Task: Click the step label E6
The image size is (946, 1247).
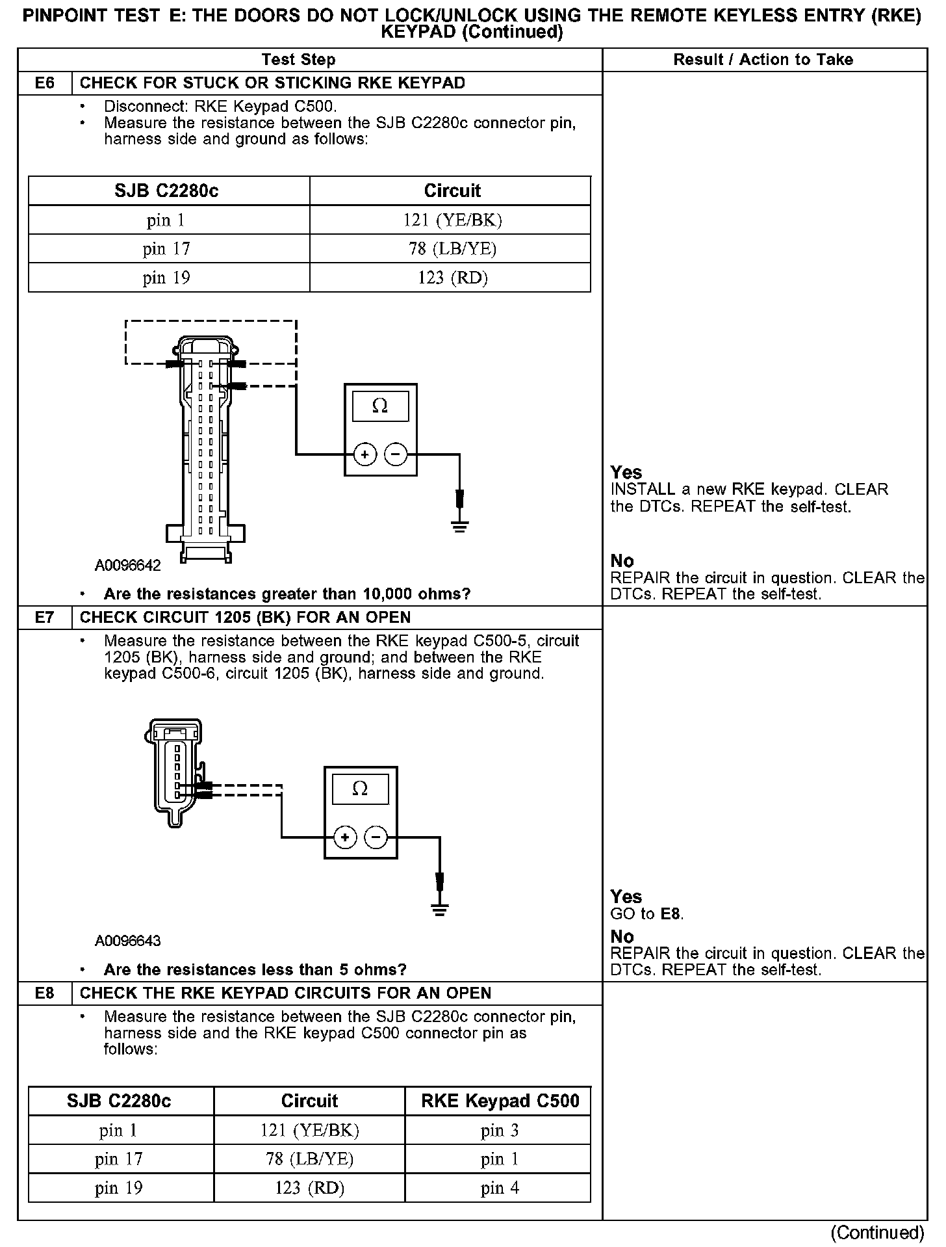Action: pyautogui.click(x=45, y=83)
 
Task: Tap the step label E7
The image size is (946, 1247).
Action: pyautogui.click(x=45, y=617)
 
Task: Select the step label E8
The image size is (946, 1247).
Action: pyautogui.click(x=45, y=993)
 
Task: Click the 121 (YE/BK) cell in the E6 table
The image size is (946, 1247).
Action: pyautogui.click(x=452, y=220)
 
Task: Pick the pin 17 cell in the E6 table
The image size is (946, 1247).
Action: pyautogui.click(x=167, y=249)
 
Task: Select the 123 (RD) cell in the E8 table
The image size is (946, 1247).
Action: pyautogui.click(x=309, y=1188)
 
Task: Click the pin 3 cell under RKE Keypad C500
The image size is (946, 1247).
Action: pyautogui.click(x=500, y=1131)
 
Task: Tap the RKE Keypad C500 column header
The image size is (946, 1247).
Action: pyautogui.click(x=500, y=1101)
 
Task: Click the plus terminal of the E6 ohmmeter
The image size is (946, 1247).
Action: pyautogui.click(x=365, y=454)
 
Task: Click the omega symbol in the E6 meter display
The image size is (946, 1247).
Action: pyautogui.click(x=380, y=406)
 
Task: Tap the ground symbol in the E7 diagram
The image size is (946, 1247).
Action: pyautogui.click(x=440, y=909)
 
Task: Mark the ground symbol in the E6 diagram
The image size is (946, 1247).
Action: pyautogui.click(x=459, y=527)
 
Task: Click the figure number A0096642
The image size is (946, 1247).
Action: pyautogui.click(x=128, y=565)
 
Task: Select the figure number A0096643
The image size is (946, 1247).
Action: pyautogui.click(x=128, y=941)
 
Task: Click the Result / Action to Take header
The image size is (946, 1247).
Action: pyautogui.click(x=763, y=60)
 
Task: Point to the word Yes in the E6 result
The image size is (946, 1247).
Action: pyautogui.click(x=626, y=473)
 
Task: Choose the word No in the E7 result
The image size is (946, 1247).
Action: pyautogui.click(x=622, y=937)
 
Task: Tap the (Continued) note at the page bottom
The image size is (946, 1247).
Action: pyautogui.click(x=877, y=1232)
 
